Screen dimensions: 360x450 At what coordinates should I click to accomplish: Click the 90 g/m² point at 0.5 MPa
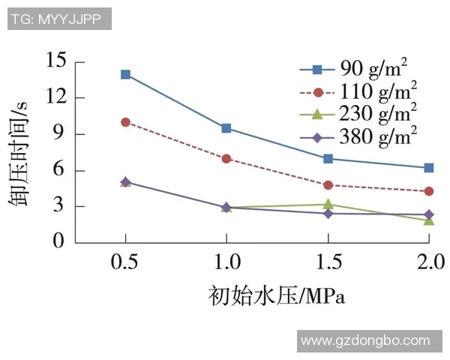[125, 74]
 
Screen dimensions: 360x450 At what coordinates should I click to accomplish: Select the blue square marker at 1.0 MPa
[226, 128]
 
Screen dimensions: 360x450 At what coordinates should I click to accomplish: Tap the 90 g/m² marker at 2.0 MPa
[429, 168]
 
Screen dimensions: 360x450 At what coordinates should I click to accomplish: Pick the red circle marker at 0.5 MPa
[125, 122]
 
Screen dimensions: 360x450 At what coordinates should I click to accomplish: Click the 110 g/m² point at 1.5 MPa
[328, 184]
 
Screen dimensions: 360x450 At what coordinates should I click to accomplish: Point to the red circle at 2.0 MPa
[429, 191]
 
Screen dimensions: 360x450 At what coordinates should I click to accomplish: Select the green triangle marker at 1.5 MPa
[328, 203]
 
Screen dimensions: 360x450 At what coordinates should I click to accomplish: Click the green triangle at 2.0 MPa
[429, 220]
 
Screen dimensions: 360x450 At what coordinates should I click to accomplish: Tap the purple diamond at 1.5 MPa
[328, 214]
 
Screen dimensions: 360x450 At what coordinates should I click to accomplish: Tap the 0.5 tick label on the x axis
[125, 262]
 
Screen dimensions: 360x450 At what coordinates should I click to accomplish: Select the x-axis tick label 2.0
[429, 262]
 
